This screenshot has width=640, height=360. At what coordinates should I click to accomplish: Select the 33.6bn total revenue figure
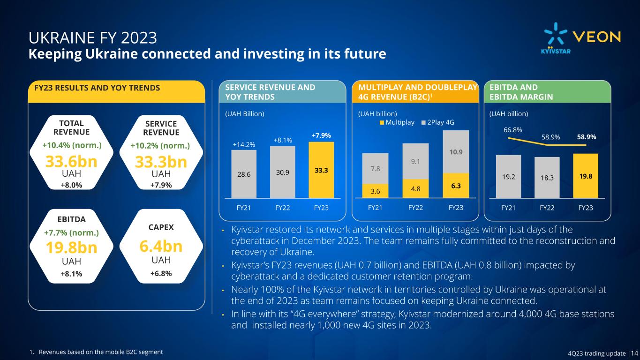(x=71, y=162)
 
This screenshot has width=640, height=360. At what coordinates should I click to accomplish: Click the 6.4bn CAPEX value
(x=161, y=246)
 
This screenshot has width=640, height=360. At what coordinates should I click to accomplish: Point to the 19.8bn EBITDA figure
(x=71, y=248)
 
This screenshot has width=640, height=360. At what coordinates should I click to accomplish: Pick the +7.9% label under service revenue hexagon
(x=161, y=185)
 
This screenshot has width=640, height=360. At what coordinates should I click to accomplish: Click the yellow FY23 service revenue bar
(x=321, y=170)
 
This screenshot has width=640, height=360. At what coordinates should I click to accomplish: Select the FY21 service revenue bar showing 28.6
(x=244, y=173)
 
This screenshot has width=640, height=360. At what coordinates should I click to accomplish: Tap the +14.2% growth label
(x=243, y=144)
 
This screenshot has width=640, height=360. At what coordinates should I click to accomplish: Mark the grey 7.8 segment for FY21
(x=375, y=168)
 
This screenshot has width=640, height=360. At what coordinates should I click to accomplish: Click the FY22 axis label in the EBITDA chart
(x=547, y=208)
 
